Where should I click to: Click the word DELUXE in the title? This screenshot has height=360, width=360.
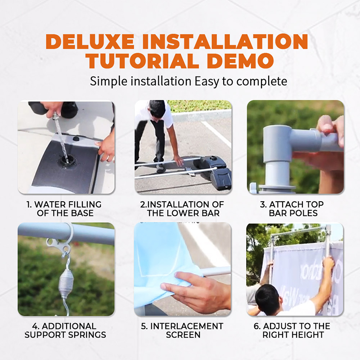[90, 41]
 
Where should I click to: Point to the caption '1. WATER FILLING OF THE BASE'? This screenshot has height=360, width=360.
[64, 209]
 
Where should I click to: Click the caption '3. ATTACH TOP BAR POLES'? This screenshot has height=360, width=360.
[292, 209]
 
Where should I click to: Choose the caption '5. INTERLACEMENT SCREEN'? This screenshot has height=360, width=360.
[182, 330]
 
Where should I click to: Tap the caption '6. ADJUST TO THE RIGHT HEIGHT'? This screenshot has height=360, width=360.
[292, 330]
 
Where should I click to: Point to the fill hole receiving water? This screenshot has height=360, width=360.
[65, 160]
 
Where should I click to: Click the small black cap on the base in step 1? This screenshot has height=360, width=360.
[76, 139]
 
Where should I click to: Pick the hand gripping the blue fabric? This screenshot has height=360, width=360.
[195, 292]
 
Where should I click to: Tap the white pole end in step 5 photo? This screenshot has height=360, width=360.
[217, 272]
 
